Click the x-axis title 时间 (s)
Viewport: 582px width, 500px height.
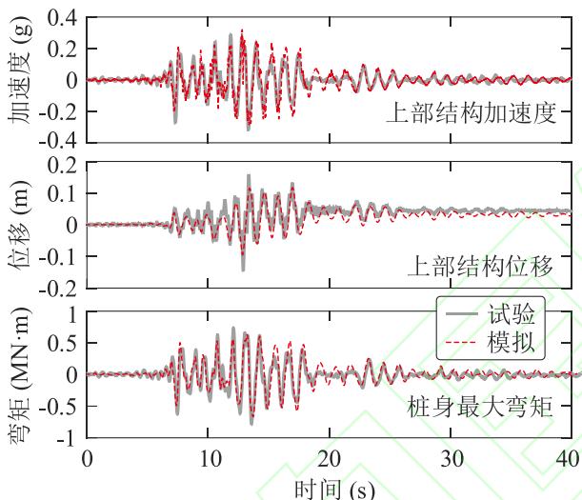[x=334, y=489]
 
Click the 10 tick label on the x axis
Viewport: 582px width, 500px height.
[x=210, y=458]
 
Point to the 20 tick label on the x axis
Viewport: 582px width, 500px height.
[x=331, y=458]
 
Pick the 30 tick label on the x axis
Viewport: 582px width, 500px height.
[x=452, y=458]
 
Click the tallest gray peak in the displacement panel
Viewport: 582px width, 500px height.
[x=249, y=176]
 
